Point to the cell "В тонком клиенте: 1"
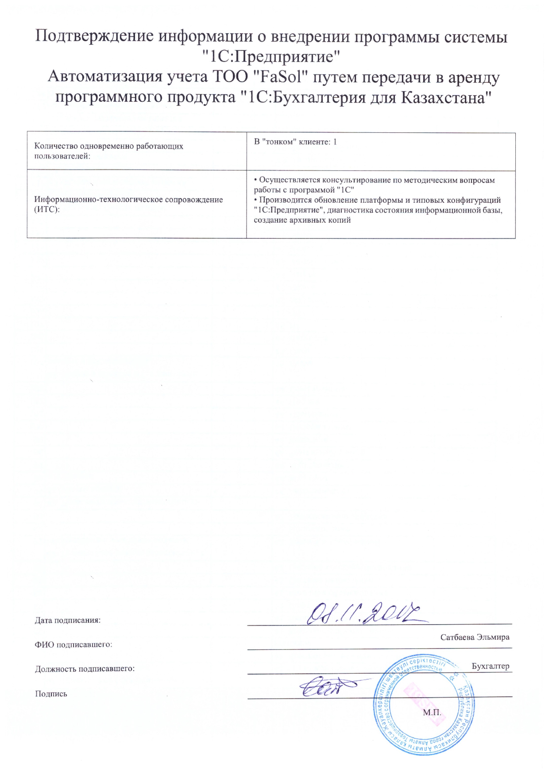pyautogui.click(x=295, y=142)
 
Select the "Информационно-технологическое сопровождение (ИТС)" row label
pyautogui.click(x=128, y=204)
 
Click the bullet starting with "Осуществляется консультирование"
pyautogui.click(x=374, y=185)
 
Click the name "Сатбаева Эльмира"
pyautogui.click(x=475, y=637)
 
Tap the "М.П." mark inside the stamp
pyautogui.click(x=432, y=713)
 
